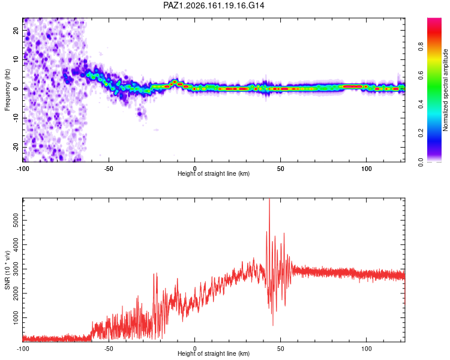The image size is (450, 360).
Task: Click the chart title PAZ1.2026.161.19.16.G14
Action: [x=214, y=5]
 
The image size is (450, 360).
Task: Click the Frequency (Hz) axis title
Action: [x=7, y=90]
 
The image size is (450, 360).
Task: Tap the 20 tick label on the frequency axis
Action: [x=16, y=31]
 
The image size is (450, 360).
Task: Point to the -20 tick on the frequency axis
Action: [x=16, y=148]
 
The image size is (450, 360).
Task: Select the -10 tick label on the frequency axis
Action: [x=16, y=118]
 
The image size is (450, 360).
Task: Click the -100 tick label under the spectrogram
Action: [x=23, y=169]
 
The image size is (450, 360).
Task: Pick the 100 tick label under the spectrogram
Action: [x=367, y=169]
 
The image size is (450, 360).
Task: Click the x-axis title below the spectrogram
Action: [x=214, y=173]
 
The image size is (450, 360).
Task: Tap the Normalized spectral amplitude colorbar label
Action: [x=445, y=90]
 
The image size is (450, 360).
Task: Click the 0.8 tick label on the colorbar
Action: [x=421, y=47]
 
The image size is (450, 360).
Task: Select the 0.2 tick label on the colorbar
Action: [x=421, y=133]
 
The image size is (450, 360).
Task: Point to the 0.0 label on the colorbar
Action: [x=421, y=162]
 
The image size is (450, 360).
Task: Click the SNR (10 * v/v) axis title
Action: [x=7, y=270]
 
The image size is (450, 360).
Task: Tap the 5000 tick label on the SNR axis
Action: [x=16, y=220]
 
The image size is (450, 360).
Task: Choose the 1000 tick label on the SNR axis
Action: [x=16, y=317]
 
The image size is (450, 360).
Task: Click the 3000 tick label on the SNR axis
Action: [x=16, y=269]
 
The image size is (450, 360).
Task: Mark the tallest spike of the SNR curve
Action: [x=269, y=199]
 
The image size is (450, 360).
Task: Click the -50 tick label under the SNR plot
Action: [x=109, y=349]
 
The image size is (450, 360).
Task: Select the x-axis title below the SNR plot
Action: [x=214, y=353]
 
